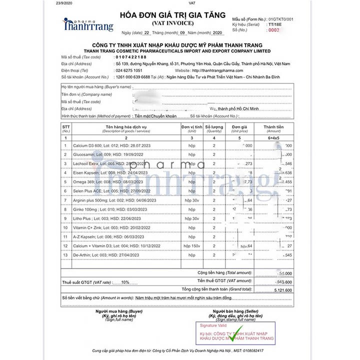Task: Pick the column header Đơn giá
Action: click(x=239, y=128)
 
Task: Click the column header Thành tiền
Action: click(x=273, y=128)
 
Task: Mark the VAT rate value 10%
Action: click(x=125, y=282)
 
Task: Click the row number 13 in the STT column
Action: click(x=65, y=254)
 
